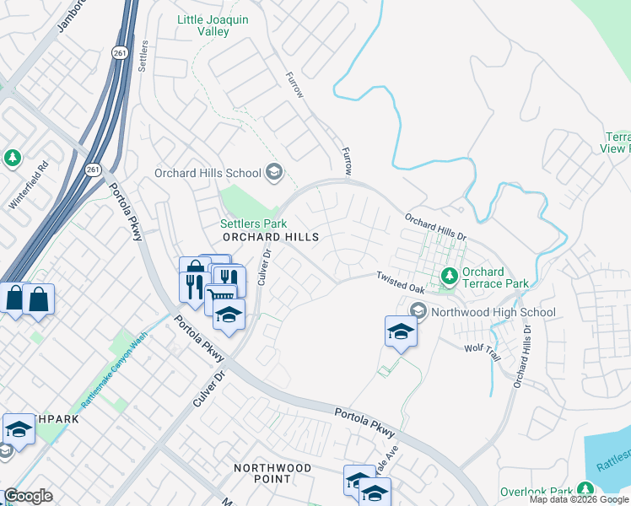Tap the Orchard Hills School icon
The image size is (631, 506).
[273, 173]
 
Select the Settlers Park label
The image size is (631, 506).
[253, 223]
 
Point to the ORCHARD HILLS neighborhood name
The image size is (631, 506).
[271, 238]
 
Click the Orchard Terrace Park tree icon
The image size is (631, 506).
[450, 276]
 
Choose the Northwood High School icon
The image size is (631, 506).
[418, 312]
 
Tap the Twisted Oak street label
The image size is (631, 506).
[401, 282]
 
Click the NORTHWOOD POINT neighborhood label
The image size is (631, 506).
[274, 473]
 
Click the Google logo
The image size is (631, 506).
[28, 496]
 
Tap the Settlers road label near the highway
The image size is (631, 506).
[143, 55]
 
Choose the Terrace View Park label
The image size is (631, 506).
[618, 143]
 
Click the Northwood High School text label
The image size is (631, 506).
[493, 312]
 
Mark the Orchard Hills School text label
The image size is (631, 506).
[208, 173]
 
